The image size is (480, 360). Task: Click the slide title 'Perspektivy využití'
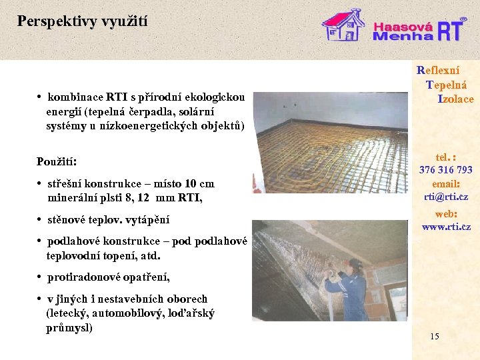point(83,21)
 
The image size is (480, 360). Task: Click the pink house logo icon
point(343,25)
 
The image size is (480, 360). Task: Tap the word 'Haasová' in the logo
point(403,26)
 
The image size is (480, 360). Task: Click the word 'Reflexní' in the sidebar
point(438,69)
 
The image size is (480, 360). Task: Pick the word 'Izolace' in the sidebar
point(455,99)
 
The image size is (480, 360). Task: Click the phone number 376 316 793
point(445,170)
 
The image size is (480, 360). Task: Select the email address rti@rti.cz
point(445,197)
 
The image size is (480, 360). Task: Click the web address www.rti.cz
point(446,227)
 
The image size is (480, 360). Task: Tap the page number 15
point(435,336)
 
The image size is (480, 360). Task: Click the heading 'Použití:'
point(57,162)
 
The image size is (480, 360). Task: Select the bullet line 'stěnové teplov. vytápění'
point(107,219)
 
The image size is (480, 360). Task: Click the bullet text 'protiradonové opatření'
point(108,277)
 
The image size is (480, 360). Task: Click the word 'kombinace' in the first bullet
point(74,97)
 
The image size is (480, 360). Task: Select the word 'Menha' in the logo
point(402,37)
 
